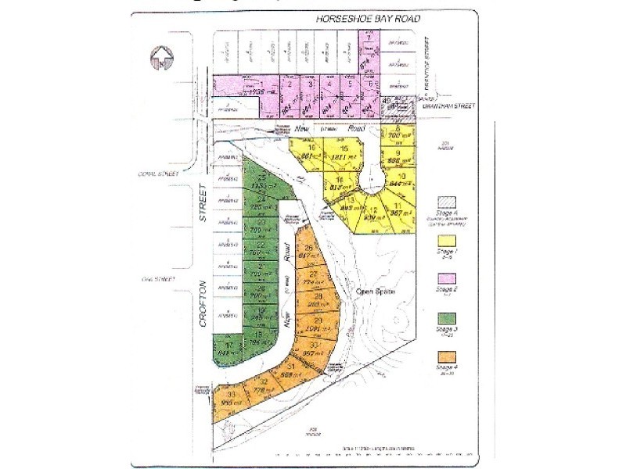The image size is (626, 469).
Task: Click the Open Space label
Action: (372, 292)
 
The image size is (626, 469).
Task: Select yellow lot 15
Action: (344, 152)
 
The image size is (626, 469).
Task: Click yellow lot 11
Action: (399, 208)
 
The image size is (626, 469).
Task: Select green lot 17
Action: (228, 349)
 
